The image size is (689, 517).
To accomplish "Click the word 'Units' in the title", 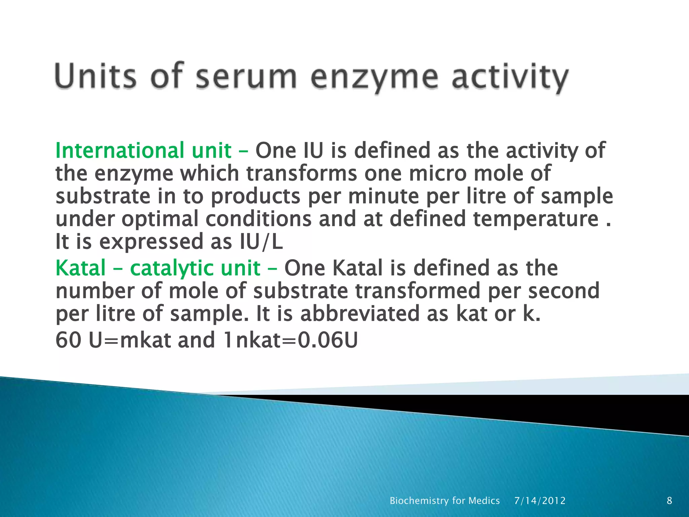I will click(x=96, y=76).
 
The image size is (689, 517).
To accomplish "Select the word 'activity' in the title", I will click(x=509, y=77).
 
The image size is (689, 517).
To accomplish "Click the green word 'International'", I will click(x=120, y=150).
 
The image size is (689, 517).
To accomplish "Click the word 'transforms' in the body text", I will click(x=301, y=173).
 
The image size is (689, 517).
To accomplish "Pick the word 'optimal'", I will click(x=160, y=219).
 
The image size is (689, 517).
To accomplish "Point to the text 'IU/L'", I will click(x=261, y=242).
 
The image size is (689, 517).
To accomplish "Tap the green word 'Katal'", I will click(x=81, y=268).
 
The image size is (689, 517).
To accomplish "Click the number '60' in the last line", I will click(x=68, y=340).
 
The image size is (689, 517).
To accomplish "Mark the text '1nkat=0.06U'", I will click(x=290, y=340).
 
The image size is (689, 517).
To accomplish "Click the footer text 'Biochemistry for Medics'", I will click(x=444, y=501).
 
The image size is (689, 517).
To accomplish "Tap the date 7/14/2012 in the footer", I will click(x=540, y=501).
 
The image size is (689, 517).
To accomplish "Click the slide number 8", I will click(x=669, y=501).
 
